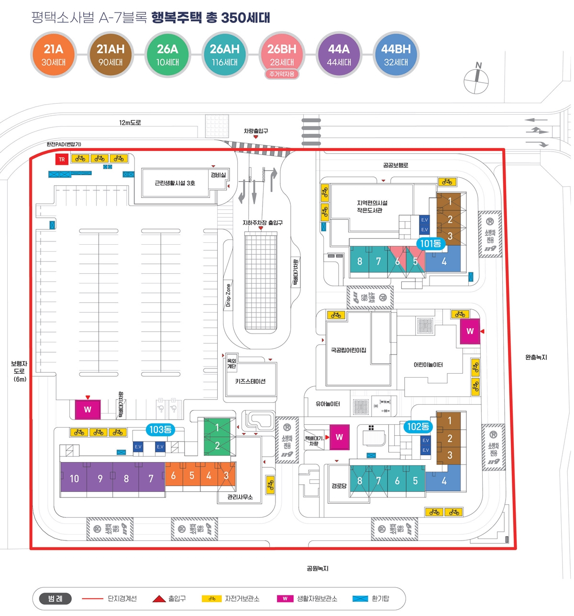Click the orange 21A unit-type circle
click(x=53, y=54)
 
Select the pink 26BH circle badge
click(x=282, y=54)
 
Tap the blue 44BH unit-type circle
click(x=396, y=54)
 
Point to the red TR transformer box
click(x=62, y=160)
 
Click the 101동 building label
click(x=430, y=244)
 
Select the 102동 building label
click(x=418, y=427)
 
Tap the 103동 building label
click(x=160, y=430)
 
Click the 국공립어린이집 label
click(x=348, y=350)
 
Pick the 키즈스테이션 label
click(x=250, y=381)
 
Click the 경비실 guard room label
click(x=218, y=175)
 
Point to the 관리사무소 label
click(x=240, y=497)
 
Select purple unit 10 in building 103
click(x=74, y=478)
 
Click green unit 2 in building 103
click(x=217, y=445)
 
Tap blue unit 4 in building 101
click(x=444, y=261)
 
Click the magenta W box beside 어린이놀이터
click(x=470, y=331)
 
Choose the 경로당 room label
click(x=339, y=486)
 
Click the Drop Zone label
click(x=228, y=295)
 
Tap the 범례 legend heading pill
click(x=55, y=598)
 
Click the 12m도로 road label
click(x=130, y=123)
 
